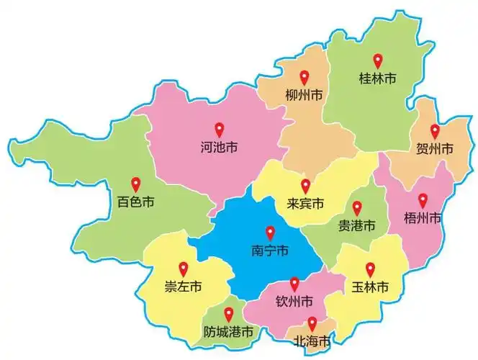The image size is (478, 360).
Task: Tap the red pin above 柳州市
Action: [x=304, y=77]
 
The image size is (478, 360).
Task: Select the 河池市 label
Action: [x=219, y=149]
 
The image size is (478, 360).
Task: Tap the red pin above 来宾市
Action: [x=305, y=186]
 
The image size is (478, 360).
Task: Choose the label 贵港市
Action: [x=356, y=225]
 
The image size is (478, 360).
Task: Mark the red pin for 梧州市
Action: [x=423, y=199]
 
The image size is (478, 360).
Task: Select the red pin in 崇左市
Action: [x=183, y=269]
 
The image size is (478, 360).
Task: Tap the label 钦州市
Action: [x=294, y=301]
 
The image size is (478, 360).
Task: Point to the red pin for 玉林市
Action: [x=371, y=269]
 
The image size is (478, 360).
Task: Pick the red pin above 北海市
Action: [x=312, y=323]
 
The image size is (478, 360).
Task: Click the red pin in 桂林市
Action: [x=378, y=60]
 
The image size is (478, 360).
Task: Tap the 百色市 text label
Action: [x=136, y=202]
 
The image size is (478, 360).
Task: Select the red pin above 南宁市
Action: [x=270, y=233]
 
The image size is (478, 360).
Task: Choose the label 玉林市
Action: [x=371, y=287]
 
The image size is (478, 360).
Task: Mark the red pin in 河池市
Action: [x=219, y=130]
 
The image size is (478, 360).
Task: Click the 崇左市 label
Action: [x=183, y=287]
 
